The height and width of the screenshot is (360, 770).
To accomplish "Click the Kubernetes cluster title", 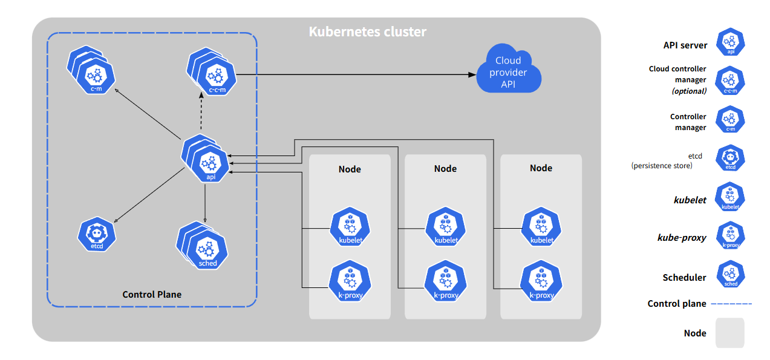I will [367, 31].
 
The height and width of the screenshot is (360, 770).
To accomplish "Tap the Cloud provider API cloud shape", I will [508, 72].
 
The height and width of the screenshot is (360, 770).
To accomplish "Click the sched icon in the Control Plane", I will [207, 249].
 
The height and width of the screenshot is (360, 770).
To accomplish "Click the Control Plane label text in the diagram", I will [152, 295].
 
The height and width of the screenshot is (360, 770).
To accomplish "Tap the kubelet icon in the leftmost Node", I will [350, 227].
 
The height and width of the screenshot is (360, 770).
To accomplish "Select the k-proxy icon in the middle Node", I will [445, 282].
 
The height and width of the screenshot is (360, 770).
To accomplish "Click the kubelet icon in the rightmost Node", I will [541, 227].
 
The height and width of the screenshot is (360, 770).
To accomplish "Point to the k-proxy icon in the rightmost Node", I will [541, 282].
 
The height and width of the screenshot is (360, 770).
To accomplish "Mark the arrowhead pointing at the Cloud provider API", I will [472, 74].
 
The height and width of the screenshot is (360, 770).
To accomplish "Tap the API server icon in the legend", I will [730, 43].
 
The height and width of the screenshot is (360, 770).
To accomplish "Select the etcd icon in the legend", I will [730, 159].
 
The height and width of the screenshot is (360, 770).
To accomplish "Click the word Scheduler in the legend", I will [684, 278].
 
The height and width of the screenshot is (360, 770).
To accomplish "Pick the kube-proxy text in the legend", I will [682, 238].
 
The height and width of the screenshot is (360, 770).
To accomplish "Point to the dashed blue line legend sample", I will [732, 304].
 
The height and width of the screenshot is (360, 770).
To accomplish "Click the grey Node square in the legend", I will [729, 333].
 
